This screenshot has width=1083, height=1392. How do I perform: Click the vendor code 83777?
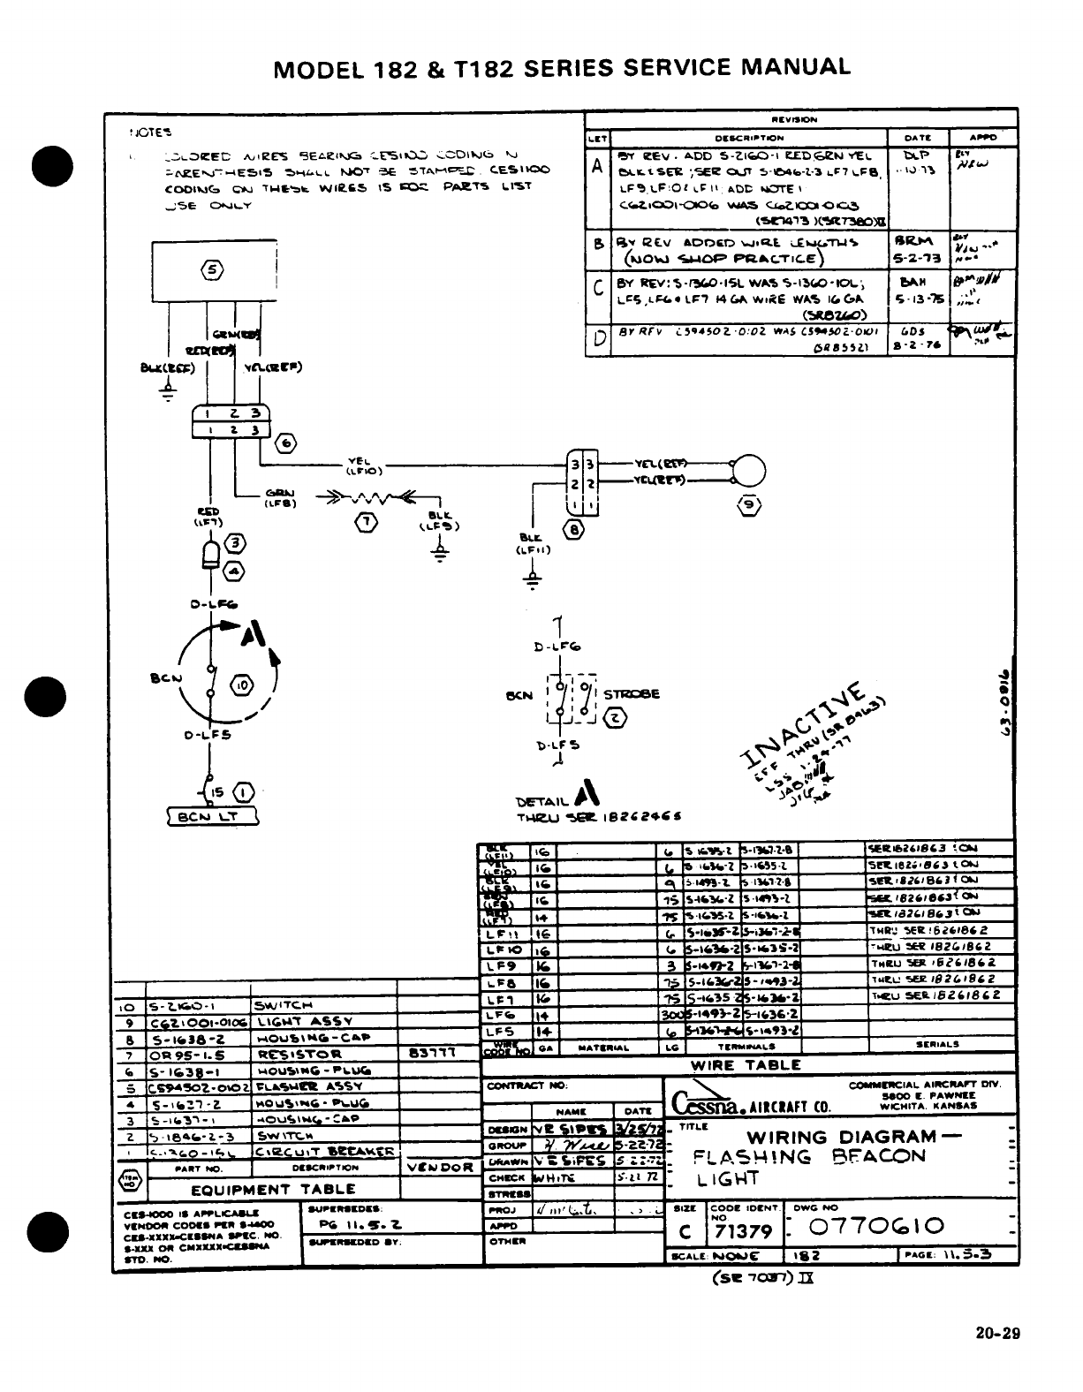click(431, 1054)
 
